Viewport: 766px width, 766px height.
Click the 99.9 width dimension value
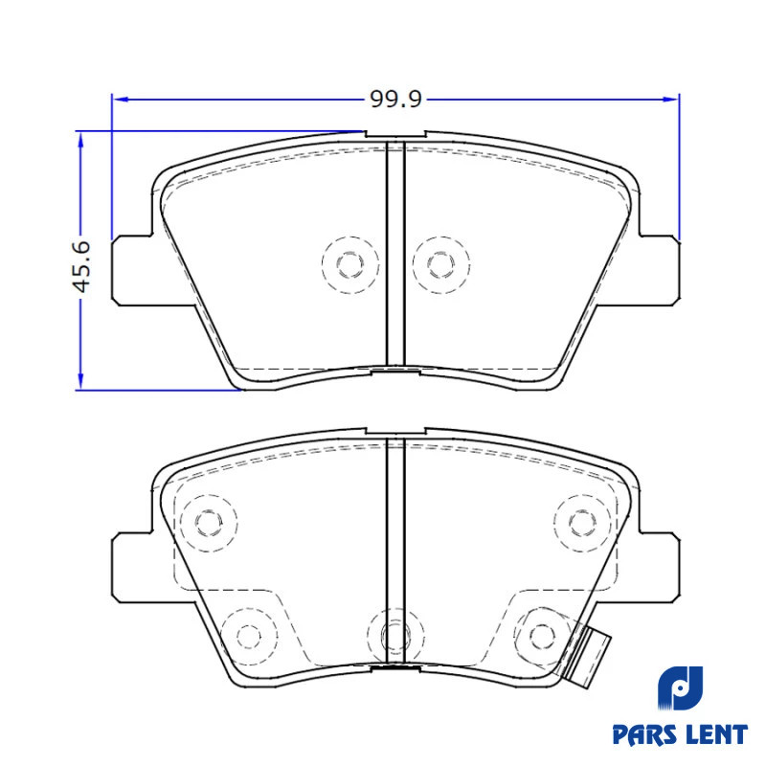tap(395, 100)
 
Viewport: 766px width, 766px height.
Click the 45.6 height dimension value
tap(81, 266)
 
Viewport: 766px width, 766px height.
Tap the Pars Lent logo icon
tap(680, 687)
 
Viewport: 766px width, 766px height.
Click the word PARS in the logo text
tap(642, 734)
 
